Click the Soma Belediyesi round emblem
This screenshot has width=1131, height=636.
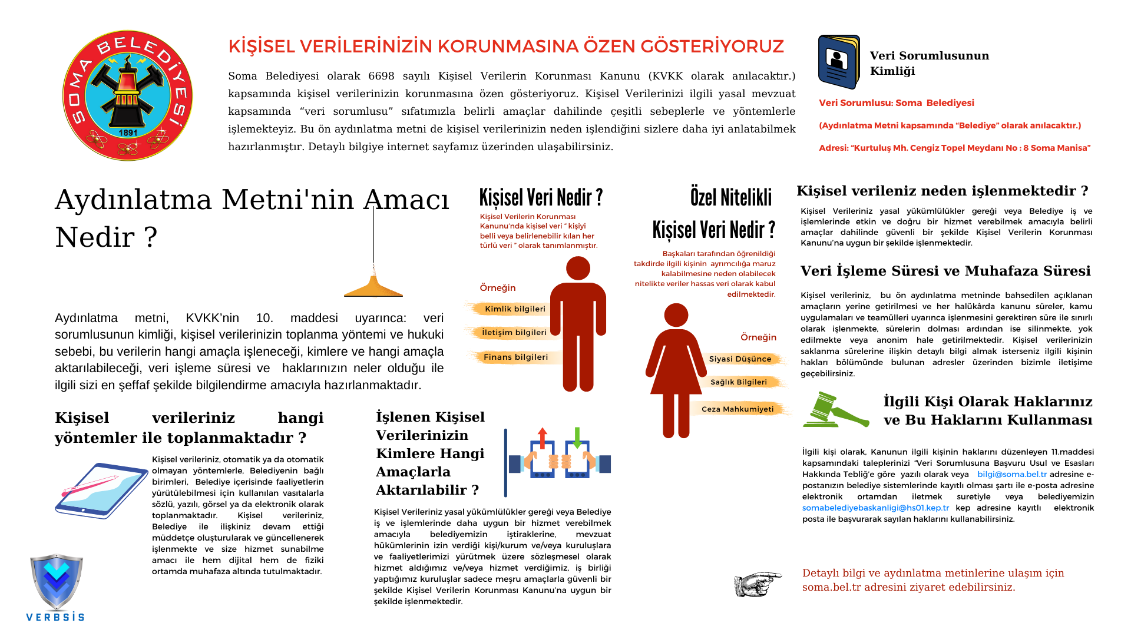[x=127, y=95]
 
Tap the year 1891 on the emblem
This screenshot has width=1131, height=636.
[x=128, y=132]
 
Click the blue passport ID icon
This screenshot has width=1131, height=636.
[x=839, y=62]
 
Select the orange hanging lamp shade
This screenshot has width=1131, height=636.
[x=373, y=287]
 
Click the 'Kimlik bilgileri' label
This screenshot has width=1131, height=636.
[x=515, y=309]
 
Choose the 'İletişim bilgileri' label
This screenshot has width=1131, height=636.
[x=514, y=332]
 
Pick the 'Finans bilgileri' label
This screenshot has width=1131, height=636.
[x=515, y=357]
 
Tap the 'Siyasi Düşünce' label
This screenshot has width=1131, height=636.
[x=740, y=359]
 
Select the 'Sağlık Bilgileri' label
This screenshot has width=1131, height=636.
[x=739, y=382]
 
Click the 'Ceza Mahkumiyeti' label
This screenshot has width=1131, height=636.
[x=738, y=409]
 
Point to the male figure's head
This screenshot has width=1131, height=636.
[x=578, y=269]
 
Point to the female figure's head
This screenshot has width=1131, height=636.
[x=676, y=316]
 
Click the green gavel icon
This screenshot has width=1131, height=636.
[x=835, y=410]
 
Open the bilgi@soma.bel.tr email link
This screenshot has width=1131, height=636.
[x=1012, y=474]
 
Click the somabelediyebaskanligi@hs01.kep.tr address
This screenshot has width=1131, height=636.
[x=875, y=508]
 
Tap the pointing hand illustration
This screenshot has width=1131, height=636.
[x=758, y=584]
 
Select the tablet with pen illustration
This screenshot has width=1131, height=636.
[x=101, y=490]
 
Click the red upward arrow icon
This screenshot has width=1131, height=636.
[x=543, y=438]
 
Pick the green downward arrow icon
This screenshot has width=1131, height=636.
[x=577, y=438]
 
